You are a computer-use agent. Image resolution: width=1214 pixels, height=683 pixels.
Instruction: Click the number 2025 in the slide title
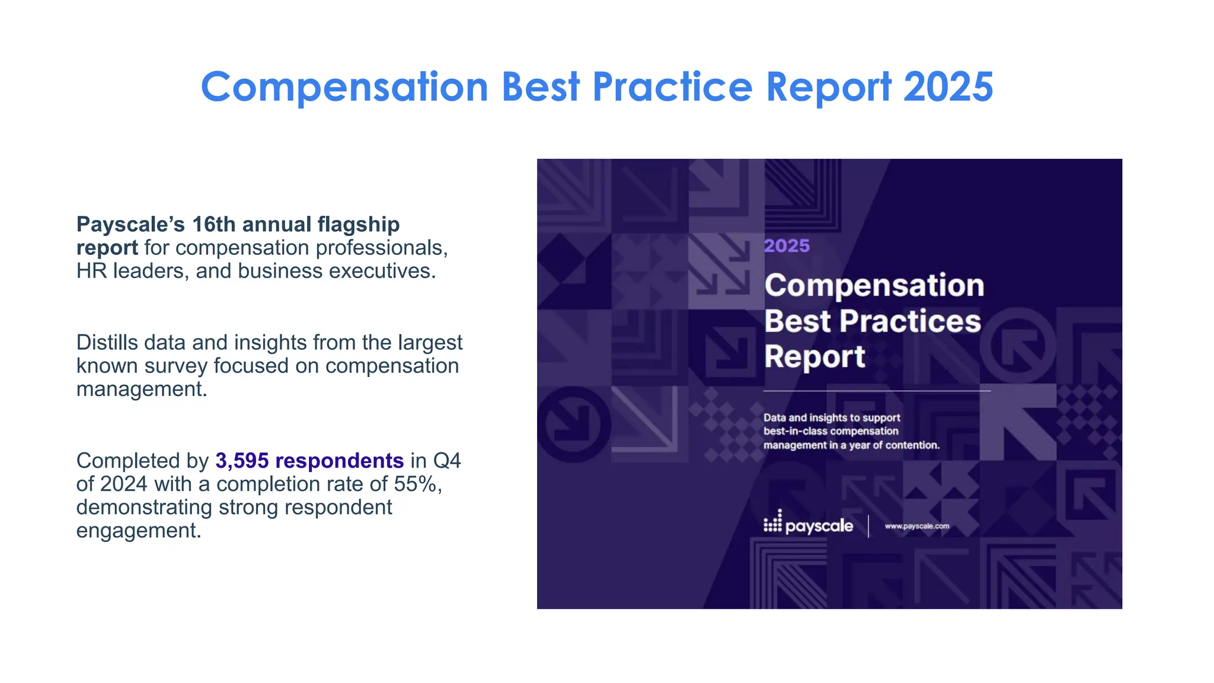pyautogui.click(x=948, y=87)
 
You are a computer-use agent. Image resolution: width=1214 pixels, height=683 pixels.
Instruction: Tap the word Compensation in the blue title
pyautogui.click(x=344, y=87)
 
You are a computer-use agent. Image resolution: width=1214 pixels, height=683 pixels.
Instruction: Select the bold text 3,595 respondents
pyautogui.click(x=309, y=461)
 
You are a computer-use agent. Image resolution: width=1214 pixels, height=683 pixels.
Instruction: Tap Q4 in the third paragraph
pyautogui.click(x=447, y=461)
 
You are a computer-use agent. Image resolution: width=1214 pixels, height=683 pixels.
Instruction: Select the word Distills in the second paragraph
pyautogui.click(x=107, y=343)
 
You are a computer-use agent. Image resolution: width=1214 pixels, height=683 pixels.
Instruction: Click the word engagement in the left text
pyautogui.click(x=139, y=530)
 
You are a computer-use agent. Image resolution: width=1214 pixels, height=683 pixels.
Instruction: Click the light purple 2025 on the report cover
pyautogui.click(x=787, y=246)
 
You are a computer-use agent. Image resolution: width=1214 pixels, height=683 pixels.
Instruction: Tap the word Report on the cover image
pyautogui.click(x=814, y=357)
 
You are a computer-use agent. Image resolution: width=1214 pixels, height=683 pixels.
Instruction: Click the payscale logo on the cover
pyautogui.click(x=809, y=525)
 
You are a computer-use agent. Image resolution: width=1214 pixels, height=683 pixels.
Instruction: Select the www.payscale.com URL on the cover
pyautogui.click(x=916, y=526)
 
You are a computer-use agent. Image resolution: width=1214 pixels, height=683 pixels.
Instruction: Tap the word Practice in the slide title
pyautogui.click(x=672, y=87)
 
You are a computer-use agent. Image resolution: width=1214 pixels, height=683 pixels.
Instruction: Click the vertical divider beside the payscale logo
pyautogui.click(x=868, y=526)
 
